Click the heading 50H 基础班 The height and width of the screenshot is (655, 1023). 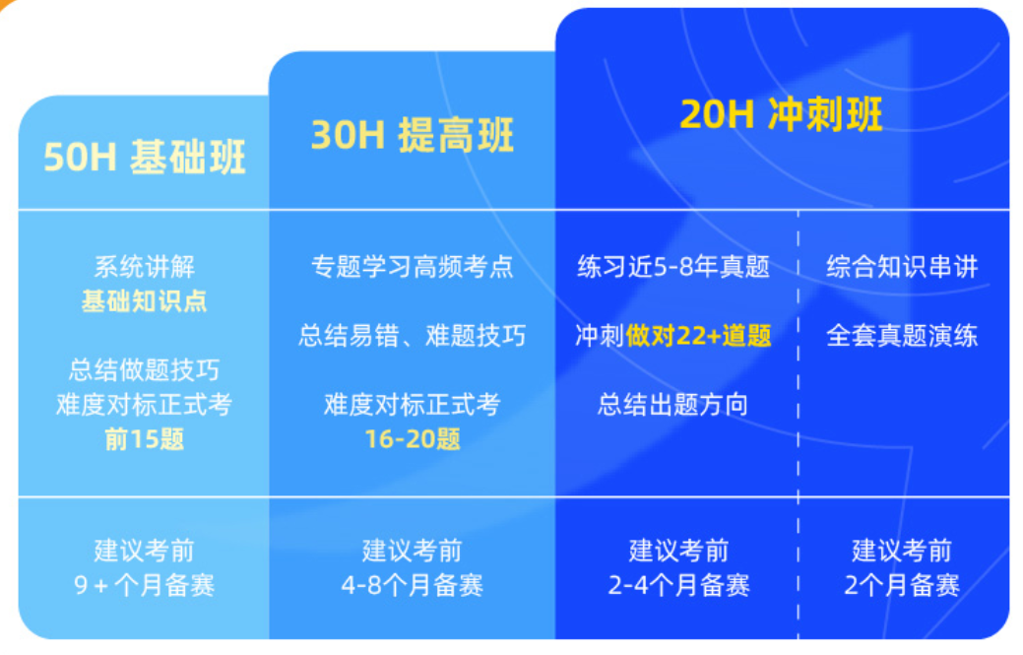(145, 158)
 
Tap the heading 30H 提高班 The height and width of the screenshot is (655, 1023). (413, 135)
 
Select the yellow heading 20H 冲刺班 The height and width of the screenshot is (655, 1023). (781, 114)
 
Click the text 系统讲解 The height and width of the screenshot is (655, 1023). (145, 267)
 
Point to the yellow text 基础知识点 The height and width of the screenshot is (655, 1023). (145, 301)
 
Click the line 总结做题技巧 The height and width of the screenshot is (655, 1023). (145, 370)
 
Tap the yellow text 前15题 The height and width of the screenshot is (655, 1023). (145, 439)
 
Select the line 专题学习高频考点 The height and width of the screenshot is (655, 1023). (413, 267)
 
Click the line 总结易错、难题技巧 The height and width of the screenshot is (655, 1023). (413, 336)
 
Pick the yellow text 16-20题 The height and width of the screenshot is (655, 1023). (413, 439)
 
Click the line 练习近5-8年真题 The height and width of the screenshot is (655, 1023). (673, 267)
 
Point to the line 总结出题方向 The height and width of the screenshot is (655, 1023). (673, 405)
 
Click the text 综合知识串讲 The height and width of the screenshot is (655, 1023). (902, 267)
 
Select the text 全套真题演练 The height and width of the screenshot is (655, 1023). (902, 336)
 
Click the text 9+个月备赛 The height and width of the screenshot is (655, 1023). (145, 586)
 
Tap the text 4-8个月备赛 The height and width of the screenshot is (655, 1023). (413, 586)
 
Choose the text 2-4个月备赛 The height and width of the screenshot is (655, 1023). (678, 586)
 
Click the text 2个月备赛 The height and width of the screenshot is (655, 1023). (902, 586)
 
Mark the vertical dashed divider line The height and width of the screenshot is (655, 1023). (799, 443)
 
